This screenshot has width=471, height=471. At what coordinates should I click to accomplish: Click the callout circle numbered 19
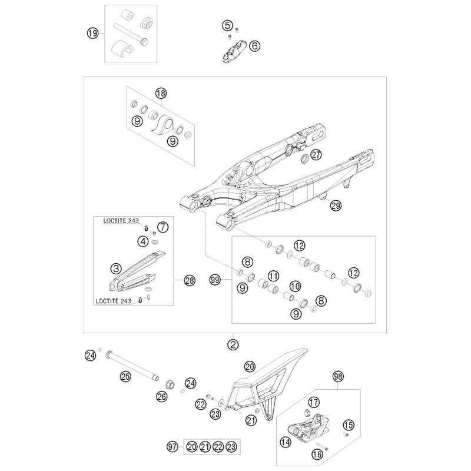pos(91,34)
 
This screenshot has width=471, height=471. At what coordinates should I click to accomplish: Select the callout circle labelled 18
pos(161,93)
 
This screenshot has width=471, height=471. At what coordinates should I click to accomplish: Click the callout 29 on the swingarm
pos(336,205)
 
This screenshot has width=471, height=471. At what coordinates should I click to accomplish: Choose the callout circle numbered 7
pos(163,226)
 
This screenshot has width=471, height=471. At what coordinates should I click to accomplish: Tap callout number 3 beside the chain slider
pos(118,267)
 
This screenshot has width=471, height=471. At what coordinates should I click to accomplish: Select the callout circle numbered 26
pos(162,397)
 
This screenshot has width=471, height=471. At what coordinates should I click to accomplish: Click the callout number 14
pos(286,440)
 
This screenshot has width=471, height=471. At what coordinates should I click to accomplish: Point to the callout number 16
pos(317,454)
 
